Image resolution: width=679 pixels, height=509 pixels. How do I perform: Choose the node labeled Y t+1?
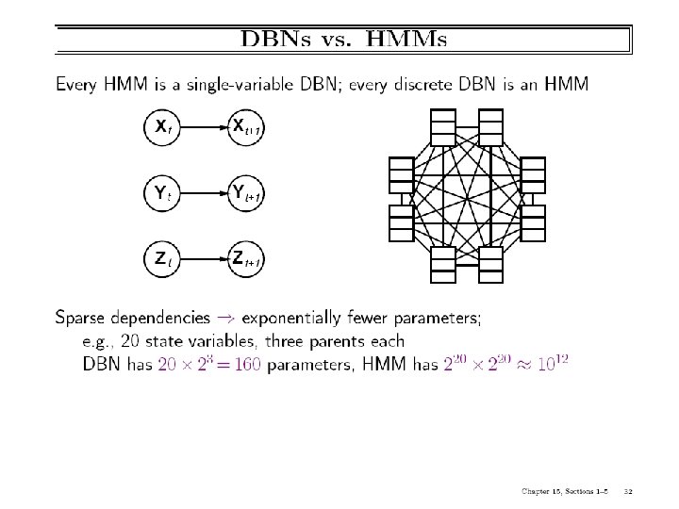[246, 194]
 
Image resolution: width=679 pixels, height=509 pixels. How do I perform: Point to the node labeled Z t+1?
[246, 257]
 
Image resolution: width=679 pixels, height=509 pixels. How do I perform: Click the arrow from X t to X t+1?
[203, 126]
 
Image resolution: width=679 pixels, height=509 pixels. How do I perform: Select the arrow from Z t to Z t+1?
[203, 257]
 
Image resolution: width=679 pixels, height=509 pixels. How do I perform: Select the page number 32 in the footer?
[628, 490]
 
